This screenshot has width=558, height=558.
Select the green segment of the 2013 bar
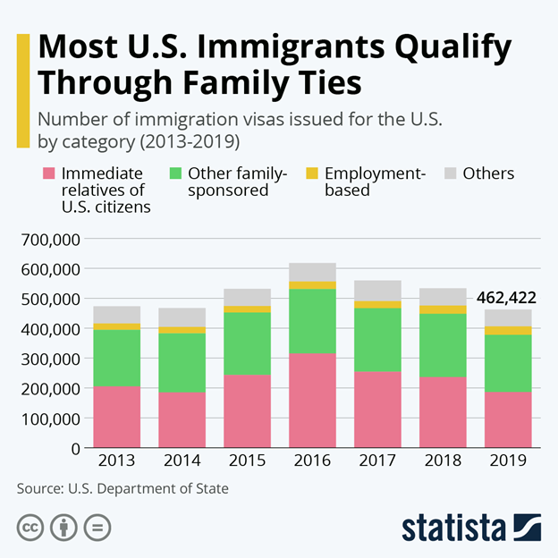[x=117, y=358]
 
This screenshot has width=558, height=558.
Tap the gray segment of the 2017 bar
[x=377, y=290]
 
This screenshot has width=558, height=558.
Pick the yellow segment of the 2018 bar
[x=443, y=309]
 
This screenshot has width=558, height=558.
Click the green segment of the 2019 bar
[x=508, y=363]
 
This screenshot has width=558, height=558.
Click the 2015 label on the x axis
[x=248, y=461]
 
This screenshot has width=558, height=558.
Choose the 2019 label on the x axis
[x=508, y=461]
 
